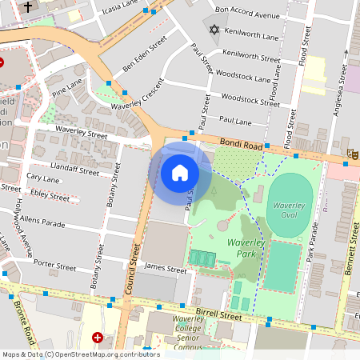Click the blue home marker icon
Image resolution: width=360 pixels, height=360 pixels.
180,172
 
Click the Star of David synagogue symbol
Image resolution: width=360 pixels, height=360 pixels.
213,30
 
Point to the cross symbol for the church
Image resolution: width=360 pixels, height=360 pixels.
29,7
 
